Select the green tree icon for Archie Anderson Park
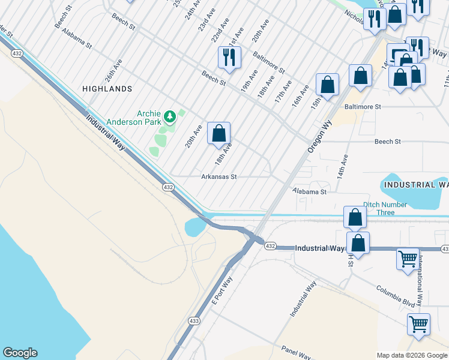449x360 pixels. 170,114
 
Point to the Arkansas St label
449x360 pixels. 219,177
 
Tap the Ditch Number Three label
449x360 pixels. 385,208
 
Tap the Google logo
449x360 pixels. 20,353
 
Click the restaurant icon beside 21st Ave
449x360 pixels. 229,58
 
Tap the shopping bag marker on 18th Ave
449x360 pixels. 219,133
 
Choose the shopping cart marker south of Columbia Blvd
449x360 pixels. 418,325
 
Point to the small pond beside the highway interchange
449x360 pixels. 195,227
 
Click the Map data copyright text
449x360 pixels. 411,355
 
